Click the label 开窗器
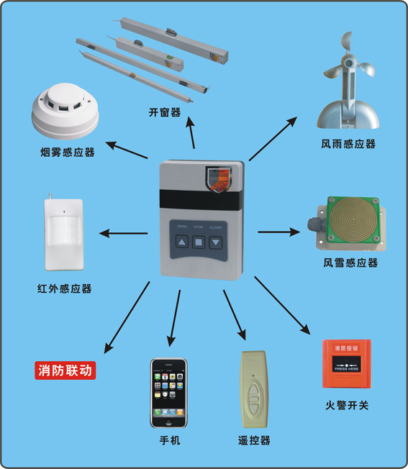[166, 112]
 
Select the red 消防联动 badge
[65, 371]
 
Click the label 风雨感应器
[348, 143]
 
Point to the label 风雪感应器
[350, 263]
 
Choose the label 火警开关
[346, 406]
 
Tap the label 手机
[170, 439]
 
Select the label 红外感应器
[64, 288]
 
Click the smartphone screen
[169, 393]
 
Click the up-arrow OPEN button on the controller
[182, 242]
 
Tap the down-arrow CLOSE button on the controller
[215, 242]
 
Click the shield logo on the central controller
[217, 177]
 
